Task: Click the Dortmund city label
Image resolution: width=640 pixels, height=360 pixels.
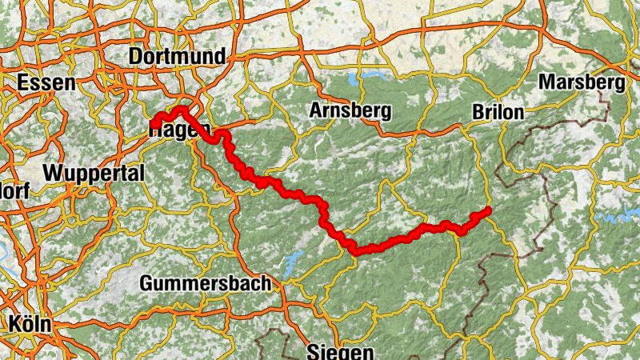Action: click(177, 57)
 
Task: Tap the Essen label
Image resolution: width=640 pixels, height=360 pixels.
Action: click(46, 83)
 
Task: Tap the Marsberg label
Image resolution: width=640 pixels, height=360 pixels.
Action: click(582, 82)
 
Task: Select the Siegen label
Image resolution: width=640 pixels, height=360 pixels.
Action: click(341, 352)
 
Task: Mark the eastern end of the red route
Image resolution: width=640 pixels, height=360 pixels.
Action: click(486, 211)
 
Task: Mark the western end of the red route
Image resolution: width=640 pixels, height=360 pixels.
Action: click(152, 124)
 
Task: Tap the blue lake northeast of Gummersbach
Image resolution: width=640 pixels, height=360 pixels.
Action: click(293, 258)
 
